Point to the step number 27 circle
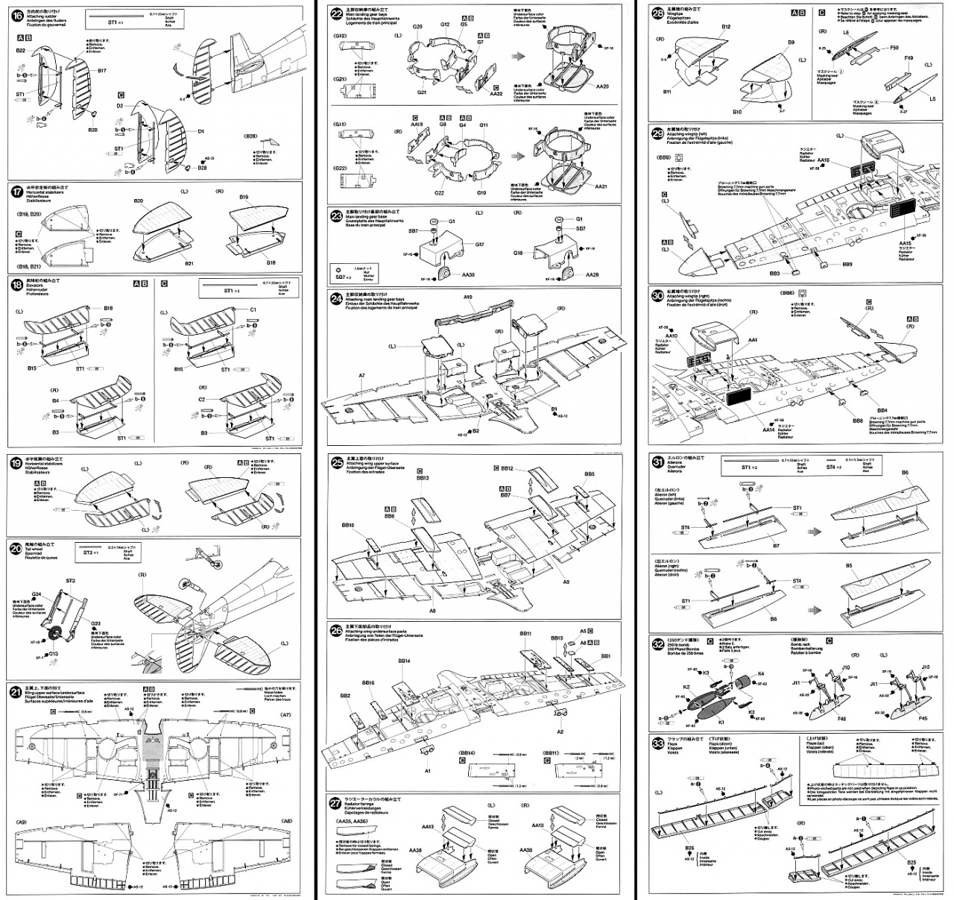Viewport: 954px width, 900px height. (x=337, y=804)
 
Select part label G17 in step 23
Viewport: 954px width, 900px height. (x=479, y=245)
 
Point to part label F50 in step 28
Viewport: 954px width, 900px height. (x=894, y=48)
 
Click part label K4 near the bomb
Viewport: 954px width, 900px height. (x=761, y=673)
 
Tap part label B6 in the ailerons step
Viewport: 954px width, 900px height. (x=905, y=473)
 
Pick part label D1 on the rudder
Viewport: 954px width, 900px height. (x=200, y=131)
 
